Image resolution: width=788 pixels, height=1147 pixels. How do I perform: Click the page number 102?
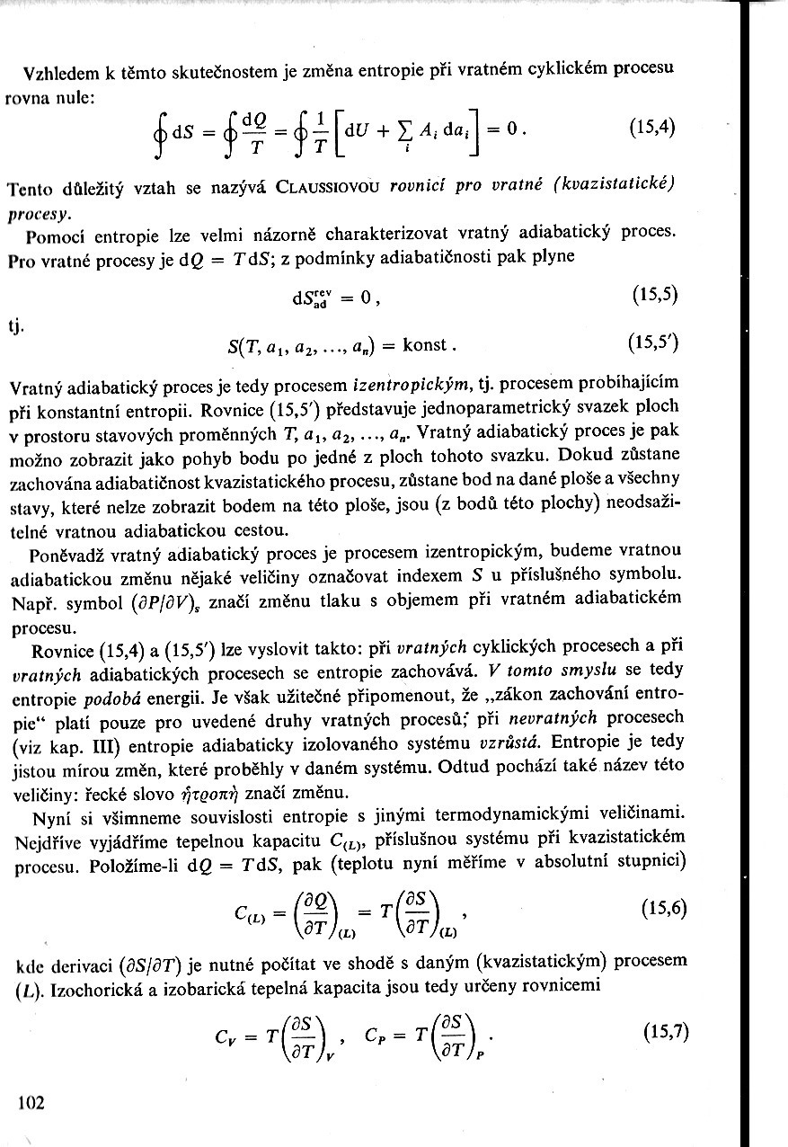tap(31, 1102)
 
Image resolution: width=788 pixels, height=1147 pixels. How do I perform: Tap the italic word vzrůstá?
tap(511, 742)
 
